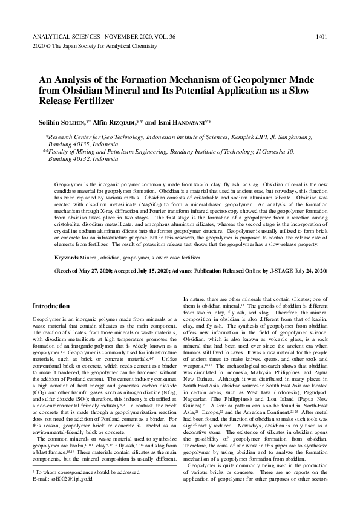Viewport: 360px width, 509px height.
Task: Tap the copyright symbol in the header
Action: click(x=49, y=46)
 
